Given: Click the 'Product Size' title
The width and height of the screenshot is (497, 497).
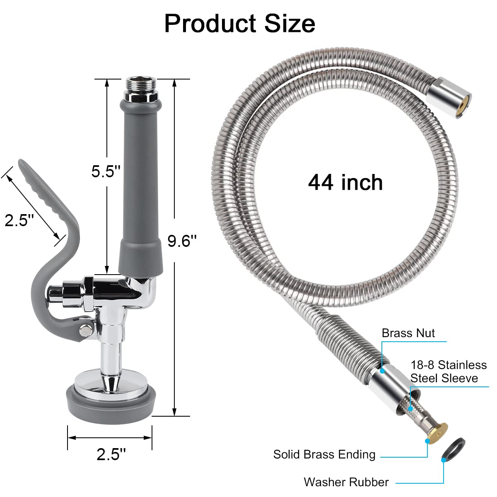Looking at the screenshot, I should pos(239,23).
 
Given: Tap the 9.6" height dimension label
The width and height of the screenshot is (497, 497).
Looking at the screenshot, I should pos(182,240).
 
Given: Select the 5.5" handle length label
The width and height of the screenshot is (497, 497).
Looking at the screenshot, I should pos(106,171).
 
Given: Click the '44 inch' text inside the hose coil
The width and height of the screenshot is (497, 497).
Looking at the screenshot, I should pos(345,182).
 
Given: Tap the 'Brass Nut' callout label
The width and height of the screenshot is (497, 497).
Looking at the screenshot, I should pos(408,333).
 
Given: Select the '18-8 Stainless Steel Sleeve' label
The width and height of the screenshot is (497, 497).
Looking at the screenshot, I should pos(448,372).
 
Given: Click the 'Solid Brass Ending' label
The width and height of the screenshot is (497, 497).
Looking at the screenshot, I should pos(324,454).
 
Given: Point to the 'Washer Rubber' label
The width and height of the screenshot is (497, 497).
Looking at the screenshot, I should pos(346,482).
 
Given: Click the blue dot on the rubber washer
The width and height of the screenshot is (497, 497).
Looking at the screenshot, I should pos(444,460).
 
